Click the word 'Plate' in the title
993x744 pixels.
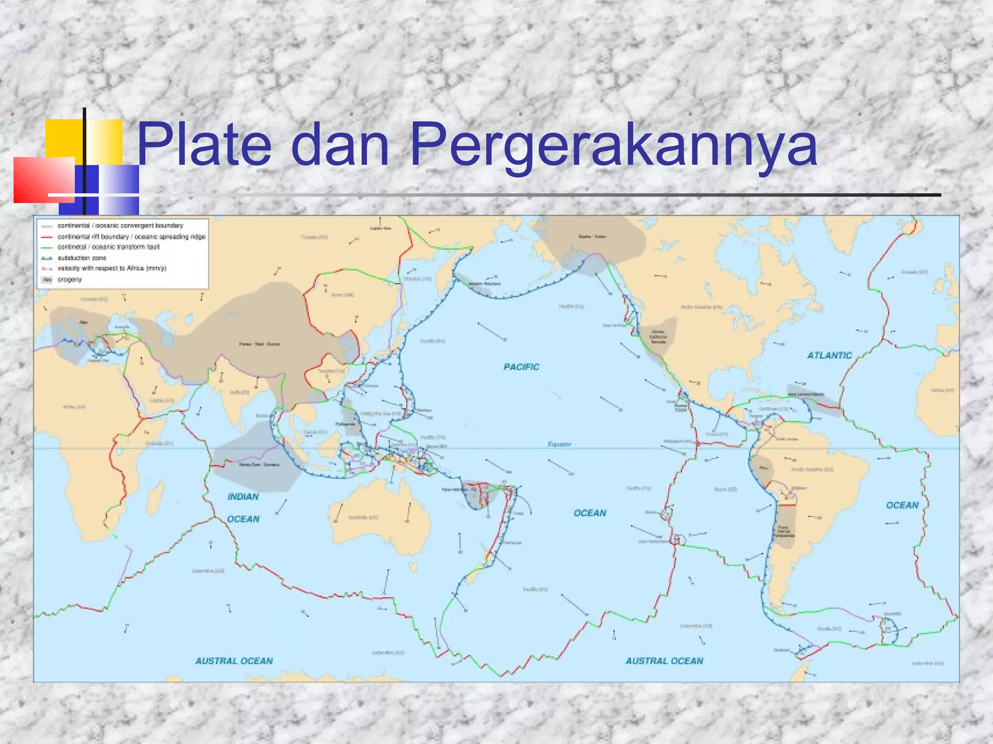[204, 144]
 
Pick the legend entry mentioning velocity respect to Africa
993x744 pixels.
[112, 268]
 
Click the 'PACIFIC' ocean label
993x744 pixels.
[521, 367]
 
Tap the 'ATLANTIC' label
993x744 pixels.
[829, 356]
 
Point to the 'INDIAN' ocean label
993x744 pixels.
[243, 497]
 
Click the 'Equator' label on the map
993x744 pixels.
[559, 444]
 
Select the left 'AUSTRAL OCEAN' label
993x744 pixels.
[234, 661]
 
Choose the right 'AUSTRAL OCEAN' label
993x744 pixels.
[664, 661]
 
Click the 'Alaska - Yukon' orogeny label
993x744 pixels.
[592, 236]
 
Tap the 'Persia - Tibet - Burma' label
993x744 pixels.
[259, 344]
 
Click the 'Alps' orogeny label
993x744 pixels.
[83, 322]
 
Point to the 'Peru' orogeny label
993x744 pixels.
[764, 468]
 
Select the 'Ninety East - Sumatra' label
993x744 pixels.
[259, 465]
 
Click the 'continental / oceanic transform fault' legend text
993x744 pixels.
[108, 247]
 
